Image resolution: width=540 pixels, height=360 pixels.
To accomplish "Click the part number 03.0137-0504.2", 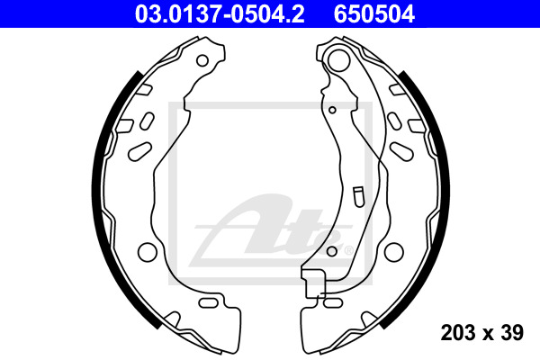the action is (220, 14).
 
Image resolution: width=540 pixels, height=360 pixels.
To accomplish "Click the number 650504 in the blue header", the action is (374, 14).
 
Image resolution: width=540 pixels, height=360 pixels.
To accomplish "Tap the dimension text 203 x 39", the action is (481, 332).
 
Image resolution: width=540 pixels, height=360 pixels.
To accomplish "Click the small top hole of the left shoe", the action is (202, 61).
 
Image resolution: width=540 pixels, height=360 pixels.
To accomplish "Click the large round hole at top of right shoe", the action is (337, 60).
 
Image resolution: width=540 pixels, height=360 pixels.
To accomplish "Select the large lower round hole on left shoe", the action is (147, 251).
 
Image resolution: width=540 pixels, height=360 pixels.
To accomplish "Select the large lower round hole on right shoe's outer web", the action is (393, 251).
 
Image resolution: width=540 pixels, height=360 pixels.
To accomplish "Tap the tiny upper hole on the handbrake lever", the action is (332, 110).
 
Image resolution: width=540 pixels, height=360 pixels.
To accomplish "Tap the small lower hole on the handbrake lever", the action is (331, 251).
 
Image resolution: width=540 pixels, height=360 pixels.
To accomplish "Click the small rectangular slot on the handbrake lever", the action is (358, 197).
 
